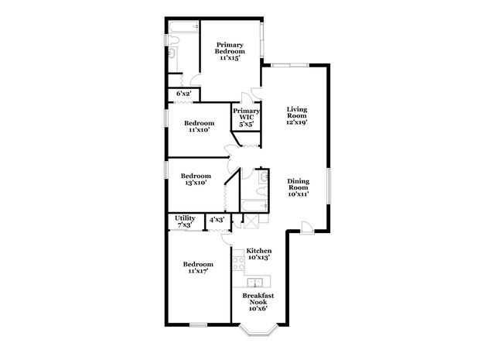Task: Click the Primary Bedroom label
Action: [230, 51]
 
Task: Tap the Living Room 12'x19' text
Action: [297, 115]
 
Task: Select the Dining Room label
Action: [299, 187]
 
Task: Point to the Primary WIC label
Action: [246, 117]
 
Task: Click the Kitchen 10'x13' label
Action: [259, 254]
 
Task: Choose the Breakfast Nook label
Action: [258, 302]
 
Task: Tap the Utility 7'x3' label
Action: [185, 221]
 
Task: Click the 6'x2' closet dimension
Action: [184, 94]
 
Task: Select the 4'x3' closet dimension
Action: [217, 219]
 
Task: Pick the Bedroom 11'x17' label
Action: [198, 267]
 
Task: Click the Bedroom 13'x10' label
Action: [196, 179]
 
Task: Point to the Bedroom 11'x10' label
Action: [200, 126]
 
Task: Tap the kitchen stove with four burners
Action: [238, 263]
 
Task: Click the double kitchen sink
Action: [255, 281]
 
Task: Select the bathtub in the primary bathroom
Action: [183, 26]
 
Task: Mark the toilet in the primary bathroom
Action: [172, 39]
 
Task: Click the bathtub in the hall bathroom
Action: [254, 206]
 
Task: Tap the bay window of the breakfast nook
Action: [258, 329]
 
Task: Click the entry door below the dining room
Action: [307, 228]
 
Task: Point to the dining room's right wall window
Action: [329, 186]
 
